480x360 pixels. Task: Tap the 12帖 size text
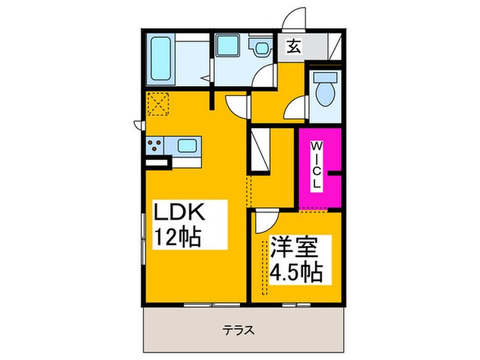coord(177,237)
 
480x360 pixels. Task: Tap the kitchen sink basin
coord(187,145)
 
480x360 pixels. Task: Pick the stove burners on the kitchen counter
coord(156,145)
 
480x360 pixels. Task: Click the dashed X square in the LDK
coord(158,105)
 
